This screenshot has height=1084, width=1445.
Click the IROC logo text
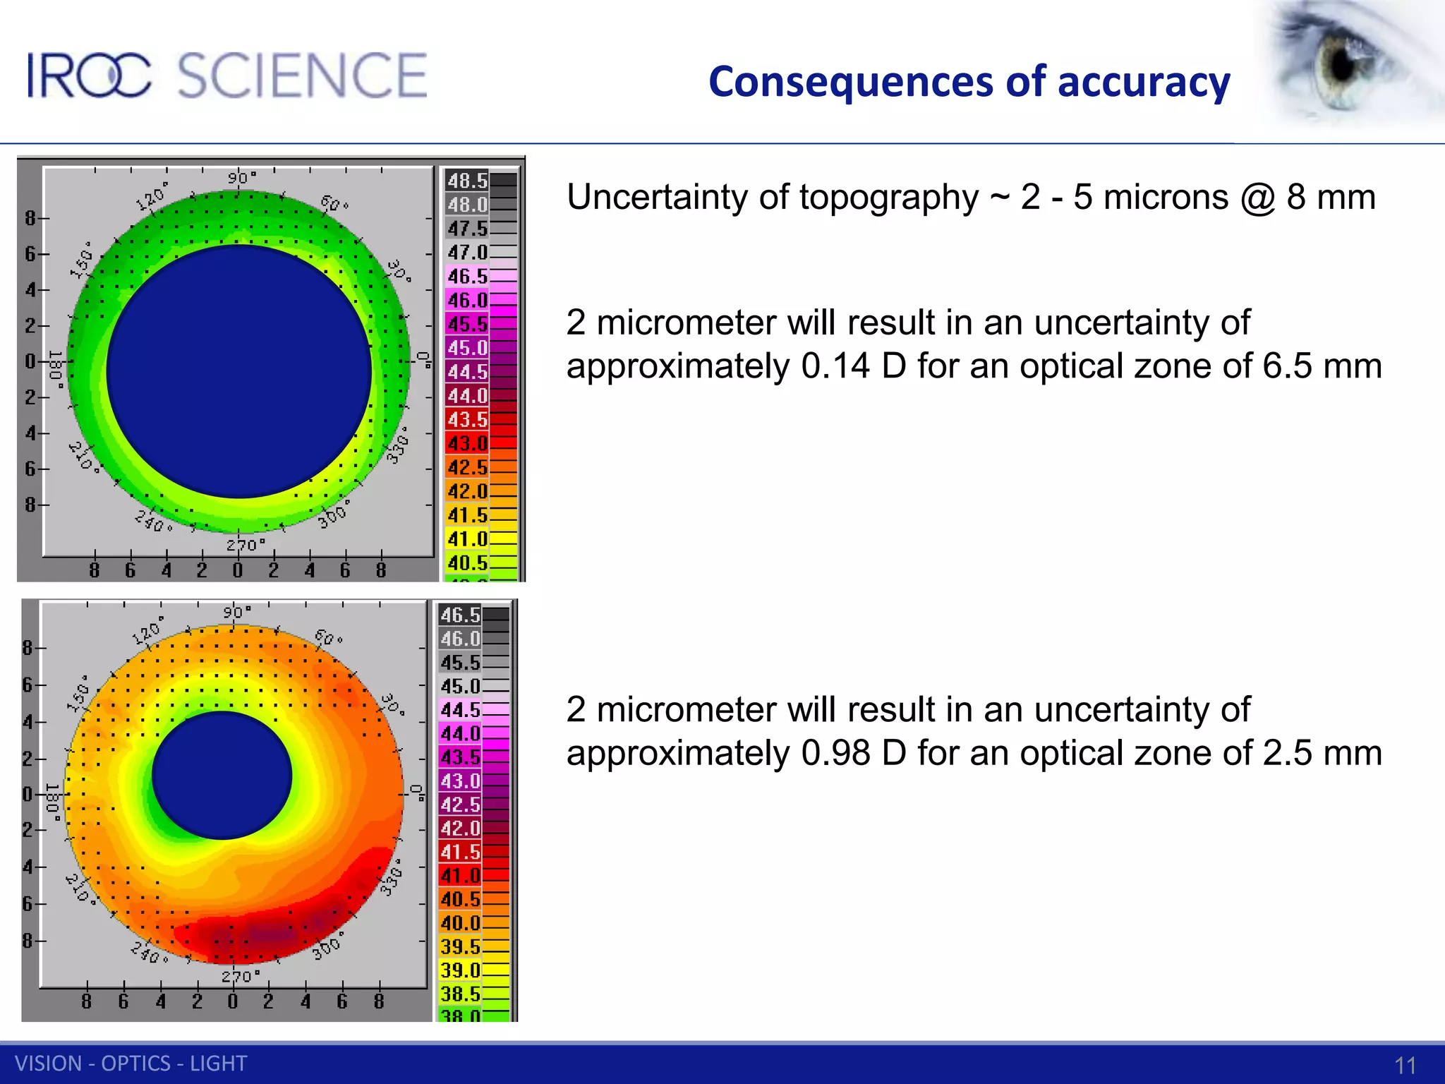89,76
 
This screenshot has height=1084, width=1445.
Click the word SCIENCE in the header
302,76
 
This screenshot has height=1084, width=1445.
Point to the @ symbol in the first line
1257,198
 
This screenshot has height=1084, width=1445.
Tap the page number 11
1405,1065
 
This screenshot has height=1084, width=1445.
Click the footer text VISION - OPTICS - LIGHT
131,1064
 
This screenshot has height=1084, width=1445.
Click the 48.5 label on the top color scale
467,181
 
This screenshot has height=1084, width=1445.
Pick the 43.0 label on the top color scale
467,443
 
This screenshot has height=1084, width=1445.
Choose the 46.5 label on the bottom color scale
460,615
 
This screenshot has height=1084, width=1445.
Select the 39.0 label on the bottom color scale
460,970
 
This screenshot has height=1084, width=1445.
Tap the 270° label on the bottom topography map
240,977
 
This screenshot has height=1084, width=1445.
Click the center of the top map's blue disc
239,371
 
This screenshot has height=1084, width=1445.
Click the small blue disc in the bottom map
222,775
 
